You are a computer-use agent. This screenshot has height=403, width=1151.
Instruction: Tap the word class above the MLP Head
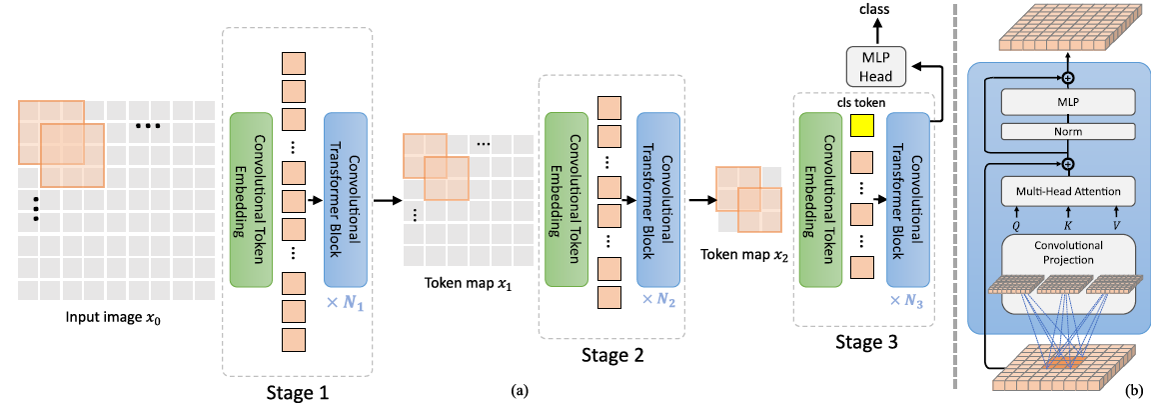click(x=876, y=10)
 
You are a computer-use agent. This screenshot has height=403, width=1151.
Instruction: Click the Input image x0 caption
click(x=117, y=319)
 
